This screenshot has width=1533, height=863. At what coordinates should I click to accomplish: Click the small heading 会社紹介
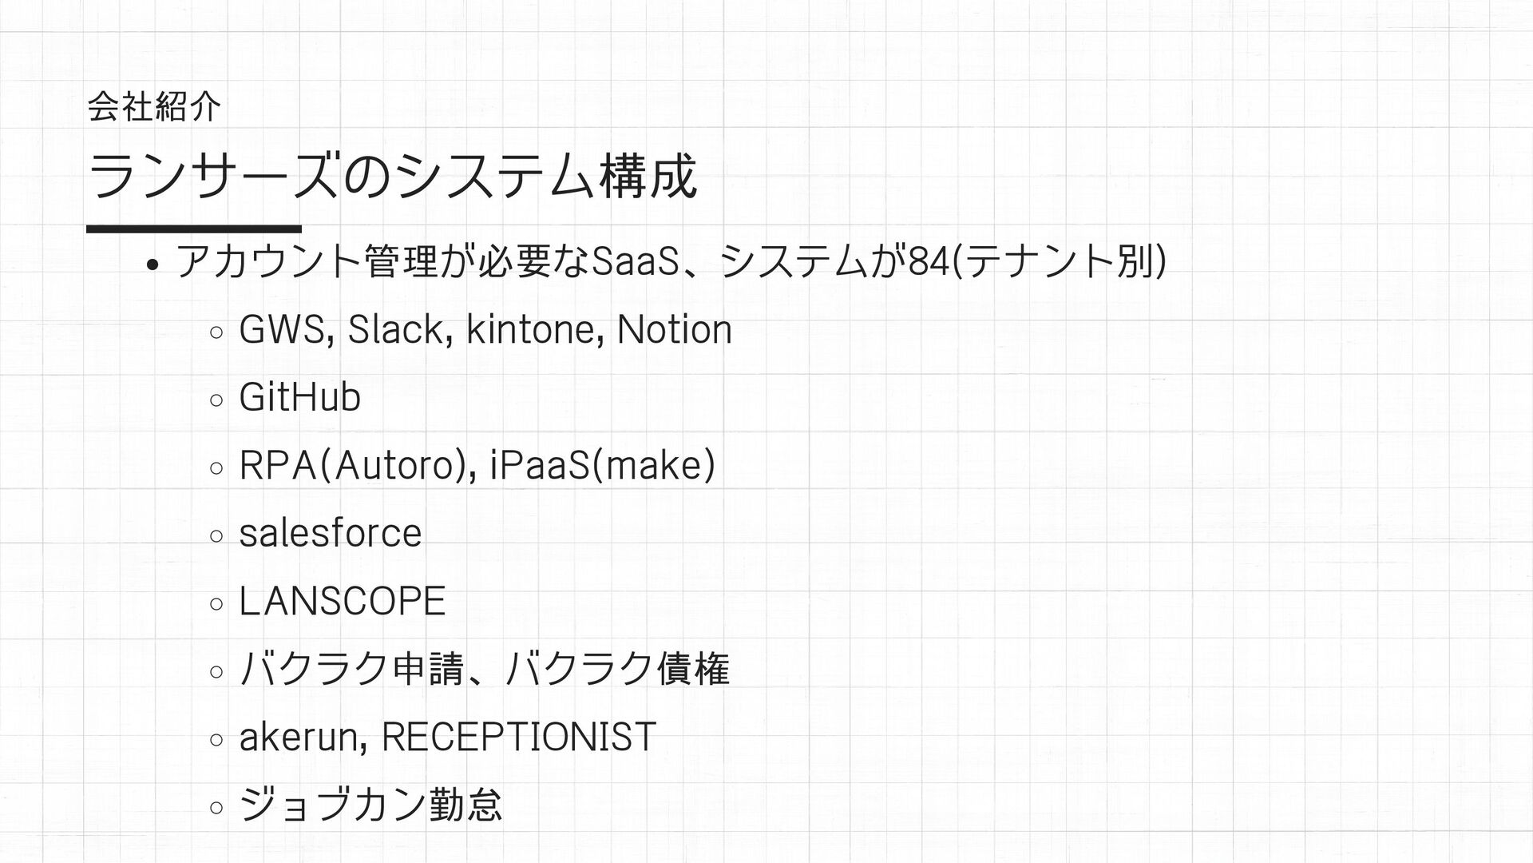click(153, 107)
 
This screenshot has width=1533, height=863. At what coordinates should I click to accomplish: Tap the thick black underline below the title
click(193, 229)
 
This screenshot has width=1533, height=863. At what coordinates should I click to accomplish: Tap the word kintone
click(529, 329)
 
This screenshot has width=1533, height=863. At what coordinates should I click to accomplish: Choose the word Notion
click(675, 329)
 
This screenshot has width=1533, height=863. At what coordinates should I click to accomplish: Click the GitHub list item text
click(300, 397)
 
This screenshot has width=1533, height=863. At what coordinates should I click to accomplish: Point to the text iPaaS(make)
click(602, 465)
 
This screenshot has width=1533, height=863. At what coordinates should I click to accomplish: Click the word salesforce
click(331, 533)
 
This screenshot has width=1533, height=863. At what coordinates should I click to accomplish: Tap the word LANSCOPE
click(342, 601)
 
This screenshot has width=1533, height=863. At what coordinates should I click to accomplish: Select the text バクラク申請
click(351, 669)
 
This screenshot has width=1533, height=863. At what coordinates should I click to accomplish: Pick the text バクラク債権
click(618, 669)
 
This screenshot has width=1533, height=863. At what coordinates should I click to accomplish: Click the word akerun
click(299, 737)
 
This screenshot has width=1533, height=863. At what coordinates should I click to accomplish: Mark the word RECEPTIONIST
click(519, 737)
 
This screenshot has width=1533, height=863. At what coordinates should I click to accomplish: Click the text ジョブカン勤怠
click(370, 804)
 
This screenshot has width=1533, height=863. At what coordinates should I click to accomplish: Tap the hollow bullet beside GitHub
click(216, 400)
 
